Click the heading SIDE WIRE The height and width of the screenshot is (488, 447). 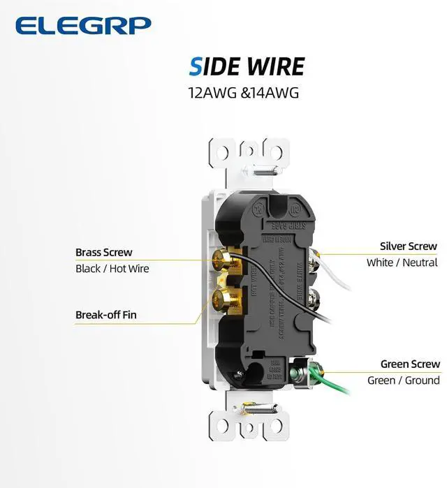click(247, 66)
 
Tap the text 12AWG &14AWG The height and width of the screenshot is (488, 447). click(243, 91)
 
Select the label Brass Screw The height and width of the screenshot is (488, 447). click(103, 252)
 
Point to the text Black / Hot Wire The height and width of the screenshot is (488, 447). click(112, 268)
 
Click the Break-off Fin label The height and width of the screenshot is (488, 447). click(106, 315)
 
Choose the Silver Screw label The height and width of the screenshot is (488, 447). click(408, 246)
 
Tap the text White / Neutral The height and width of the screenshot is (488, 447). click(402, 263)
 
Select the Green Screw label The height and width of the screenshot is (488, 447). click(410, 364)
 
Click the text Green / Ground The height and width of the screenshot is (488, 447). click(404, 380)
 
